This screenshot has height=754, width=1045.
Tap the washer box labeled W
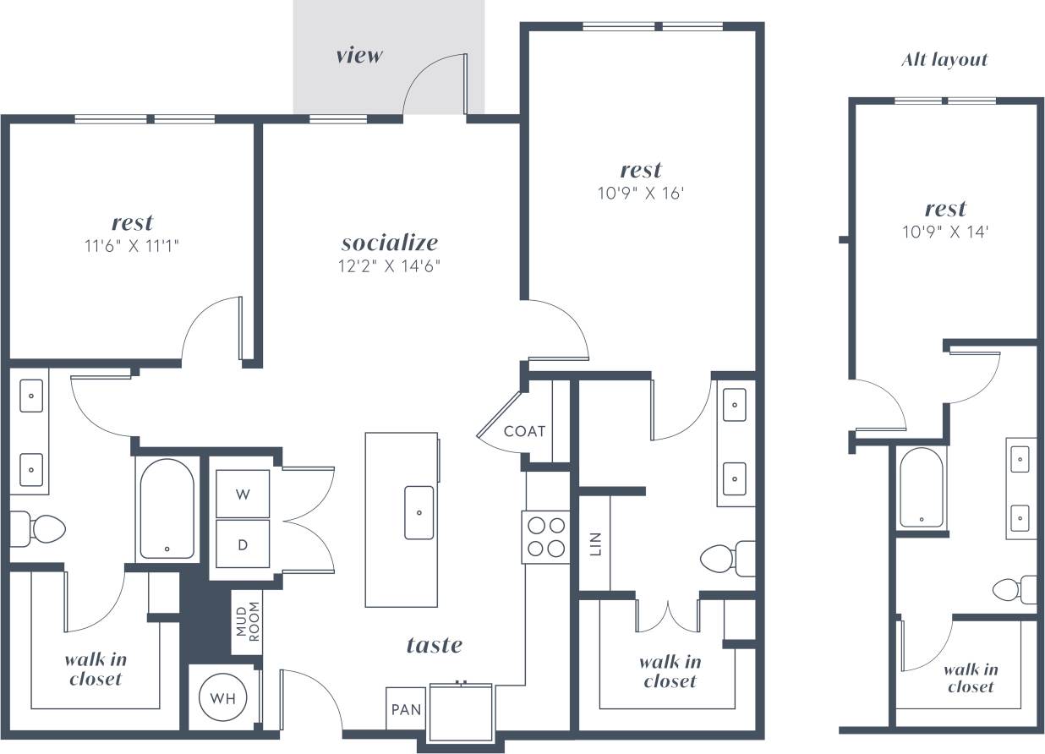pyautogui.click(x=243, y=494)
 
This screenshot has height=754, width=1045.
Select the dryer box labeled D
pyautogui.click(x=243, y=544)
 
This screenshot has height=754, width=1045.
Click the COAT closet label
pyautogui.click(x=524, y=431)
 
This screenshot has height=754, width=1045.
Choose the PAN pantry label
pyautogui.click(x=406, y=710)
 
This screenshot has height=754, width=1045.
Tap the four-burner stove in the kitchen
pyautogui.click(x=545, y=537)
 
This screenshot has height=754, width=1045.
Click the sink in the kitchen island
pyautogui.click(x=419, y=512)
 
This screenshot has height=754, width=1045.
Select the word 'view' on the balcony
pyautogui.click(x=359, y=56)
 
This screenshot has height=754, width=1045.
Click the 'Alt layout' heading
pyautogui.click(x=944, y=60)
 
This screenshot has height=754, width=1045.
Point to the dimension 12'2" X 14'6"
pyautogui.click(x=390, y=266)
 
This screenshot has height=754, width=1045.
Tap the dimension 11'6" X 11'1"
pyautogui.click(x=132, y=246)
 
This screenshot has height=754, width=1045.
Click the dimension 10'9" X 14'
pyautogui.click(x=945, y=231)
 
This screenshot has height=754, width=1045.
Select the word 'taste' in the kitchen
pyautogui.click(x=435, y=646)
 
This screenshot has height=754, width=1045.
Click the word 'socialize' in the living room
pyautogui.click(x=390, y=243)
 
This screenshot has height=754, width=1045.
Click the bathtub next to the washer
pyautogui.click(x=167, y=510)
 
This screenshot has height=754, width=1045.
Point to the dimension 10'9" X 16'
pyautogui.click(x=641, y=193)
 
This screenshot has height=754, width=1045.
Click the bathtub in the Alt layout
pyautogui.click(x=921, y=488)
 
